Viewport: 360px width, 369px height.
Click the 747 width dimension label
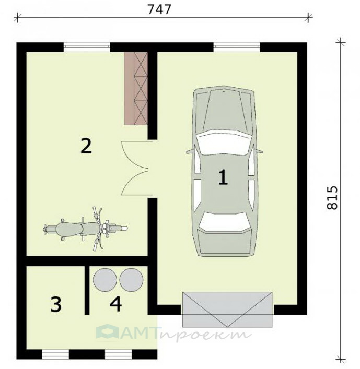[x=159, y=9]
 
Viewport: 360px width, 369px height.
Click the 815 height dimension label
[x=332, y=198]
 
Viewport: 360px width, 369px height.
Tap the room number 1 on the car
[x=223, y=177]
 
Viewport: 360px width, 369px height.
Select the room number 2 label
[x=86, y=146]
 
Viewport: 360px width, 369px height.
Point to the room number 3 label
[x=56, y=304]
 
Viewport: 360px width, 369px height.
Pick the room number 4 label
[x=115, y=304]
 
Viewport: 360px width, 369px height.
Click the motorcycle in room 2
[x=86, y=229]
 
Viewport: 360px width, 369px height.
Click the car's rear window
[x=224, y=222]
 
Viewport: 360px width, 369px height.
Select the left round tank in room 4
[x=105, y=280]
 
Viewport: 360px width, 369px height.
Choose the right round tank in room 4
[x=131, y=280]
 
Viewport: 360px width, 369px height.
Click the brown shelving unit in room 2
[x=136, y=88]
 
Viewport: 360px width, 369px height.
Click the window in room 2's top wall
[x=87, y=47]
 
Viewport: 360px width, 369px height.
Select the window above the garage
[x=237, y=47]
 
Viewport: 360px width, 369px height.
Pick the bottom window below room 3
[x=55, y=354]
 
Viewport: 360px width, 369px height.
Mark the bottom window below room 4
[x=119, y=354]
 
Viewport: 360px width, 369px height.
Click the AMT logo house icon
[x=108, y=331]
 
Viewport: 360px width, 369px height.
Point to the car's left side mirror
[x=191, y=151]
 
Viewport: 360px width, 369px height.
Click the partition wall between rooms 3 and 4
[x=87, y=290]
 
